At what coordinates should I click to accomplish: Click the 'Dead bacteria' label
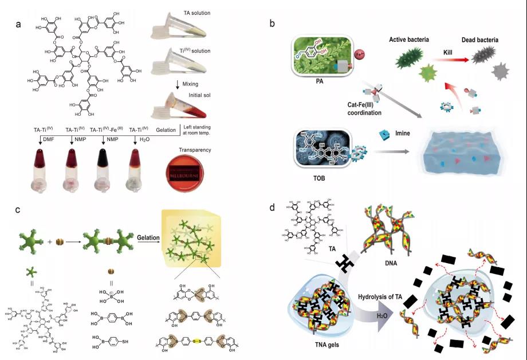(x=481, y=40)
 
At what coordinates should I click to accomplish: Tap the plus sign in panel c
(x=50, y=241)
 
